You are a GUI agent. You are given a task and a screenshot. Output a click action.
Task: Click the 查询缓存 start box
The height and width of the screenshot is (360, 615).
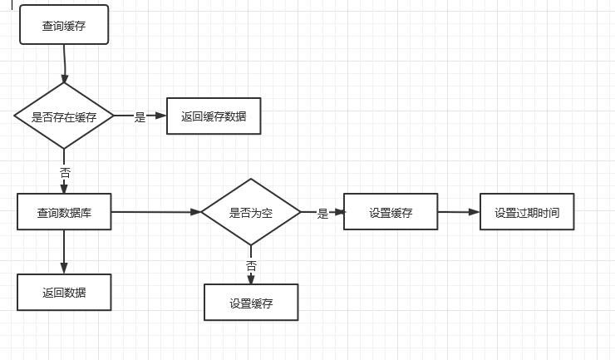coord(64,27)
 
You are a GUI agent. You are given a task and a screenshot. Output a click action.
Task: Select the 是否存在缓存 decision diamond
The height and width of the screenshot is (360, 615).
coord(64,116)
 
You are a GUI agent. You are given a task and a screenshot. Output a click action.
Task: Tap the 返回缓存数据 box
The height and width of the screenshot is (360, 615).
coord(214,116)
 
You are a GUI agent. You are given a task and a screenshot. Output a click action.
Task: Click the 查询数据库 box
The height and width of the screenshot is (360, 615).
coord(64,212)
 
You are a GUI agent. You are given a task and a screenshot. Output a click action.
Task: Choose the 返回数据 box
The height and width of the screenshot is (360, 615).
coord(64,292)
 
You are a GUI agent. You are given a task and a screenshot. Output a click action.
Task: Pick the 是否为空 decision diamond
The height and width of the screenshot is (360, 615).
coord(251,212)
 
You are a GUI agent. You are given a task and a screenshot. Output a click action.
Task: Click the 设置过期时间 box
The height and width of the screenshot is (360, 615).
coord(527,212)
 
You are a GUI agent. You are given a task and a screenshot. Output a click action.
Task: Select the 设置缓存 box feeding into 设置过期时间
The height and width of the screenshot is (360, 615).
coord(391,212)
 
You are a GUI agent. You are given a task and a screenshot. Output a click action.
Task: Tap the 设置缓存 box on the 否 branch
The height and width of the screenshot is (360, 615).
coord(251,303)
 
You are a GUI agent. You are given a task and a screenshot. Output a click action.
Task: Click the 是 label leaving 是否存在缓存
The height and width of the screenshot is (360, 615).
coord(140,117)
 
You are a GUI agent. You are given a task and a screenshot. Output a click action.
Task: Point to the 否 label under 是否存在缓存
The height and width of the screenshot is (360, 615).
coord(65,173)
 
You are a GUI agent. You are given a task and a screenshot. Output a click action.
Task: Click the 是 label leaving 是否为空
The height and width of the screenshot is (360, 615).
coord(322,214)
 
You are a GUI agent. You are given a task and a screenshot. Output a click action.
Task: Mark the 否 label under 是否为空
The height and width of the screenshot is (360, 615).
coord(251,266)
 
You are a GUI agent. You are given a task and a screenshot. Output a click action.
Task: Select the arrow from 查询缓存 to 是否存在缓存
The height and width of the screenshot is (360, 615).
coord(64,63)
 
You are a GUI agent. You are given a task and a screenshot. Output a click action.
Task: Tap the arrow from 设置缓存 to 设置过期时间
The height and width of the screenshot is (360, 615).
coord(458,212)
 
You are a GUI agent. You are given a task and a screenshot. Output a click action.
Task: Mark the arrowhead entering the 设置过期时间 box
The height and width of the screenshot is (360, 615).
coord(475,212)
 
